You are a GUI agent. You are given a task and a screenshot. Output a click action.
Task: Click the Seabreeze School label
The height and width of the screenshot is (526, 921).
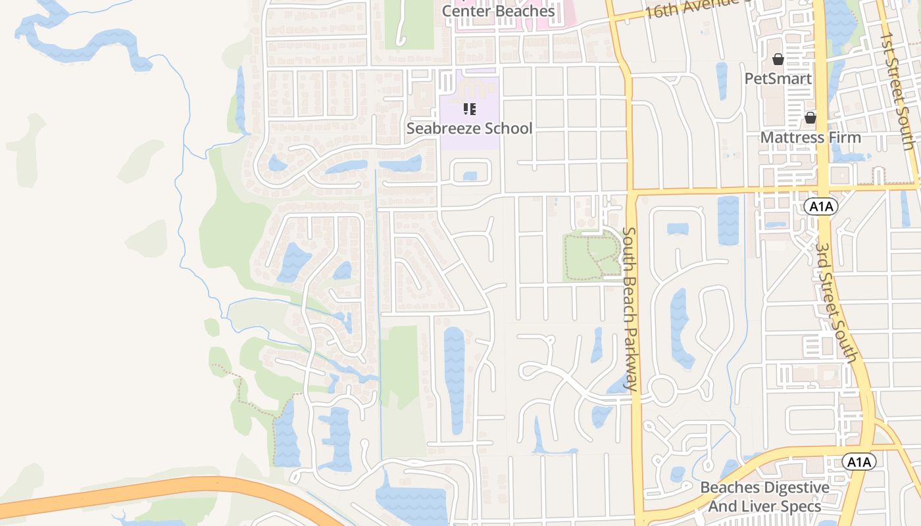469,128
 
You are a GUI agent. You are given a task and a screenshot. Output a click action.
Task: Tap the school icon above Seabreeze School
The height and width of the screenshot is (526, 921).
469,109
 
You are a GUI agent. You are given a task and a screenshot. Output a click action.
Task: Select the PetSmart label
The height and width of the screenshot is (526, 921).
778,79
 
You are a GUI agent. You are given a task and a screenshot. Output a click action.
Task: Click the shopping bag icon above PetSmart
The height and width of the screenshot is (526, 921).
778,60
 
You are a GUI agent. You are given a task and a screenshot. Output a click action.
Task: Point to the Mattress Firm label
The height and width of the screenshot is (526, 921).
810,137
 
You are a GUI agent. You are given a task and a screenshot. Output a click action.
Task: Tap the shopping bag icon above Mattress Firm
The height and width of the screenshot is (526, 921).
810,118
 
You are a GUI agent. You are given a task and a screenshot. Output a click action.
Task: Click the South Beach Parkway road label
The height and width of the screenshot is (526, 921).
630,309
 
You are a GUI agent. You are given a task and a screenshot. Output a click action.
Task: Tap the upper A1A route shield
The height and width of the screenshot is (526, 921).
820,206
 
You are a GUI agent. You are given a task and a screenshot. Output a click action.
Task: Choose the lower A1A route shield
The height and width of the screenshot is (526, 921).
859,462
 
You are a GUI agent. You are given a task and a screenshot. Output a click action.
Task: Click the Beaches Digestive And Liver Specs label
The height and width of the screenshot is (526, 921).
764,497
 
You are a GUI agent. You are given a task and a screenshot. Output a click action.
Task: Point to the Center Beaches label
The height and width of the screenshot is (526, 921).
498,11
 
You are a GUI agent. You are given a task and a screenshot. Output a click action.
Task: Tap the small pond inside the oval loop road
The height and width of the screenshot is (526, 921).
470,176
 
